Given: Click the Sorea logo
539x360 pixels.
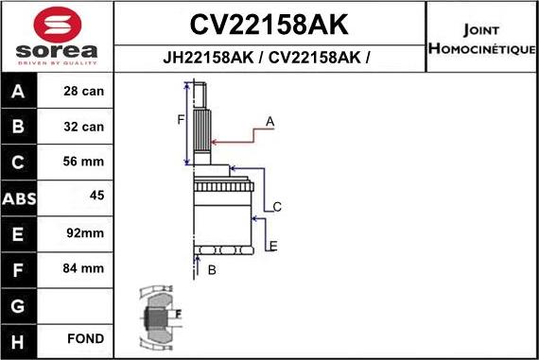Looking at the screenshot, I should tap(57, 36).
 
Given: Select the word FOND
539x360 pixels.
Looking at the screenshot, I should tap(85, 338).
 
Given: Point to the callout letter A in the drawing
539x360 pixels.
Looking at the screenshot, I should tap(269, 122).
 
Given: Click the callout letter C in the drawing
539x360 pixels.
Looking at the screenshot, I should tap(277, 206).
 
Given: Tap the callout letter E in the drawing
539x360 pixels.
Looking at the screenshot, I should tap(273, 247).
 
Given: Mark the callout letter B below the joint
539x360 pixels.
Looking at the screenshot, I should tap(212, 270).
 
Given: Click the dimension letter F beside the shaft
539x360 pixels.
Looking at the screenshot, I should tap(181, 119).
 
